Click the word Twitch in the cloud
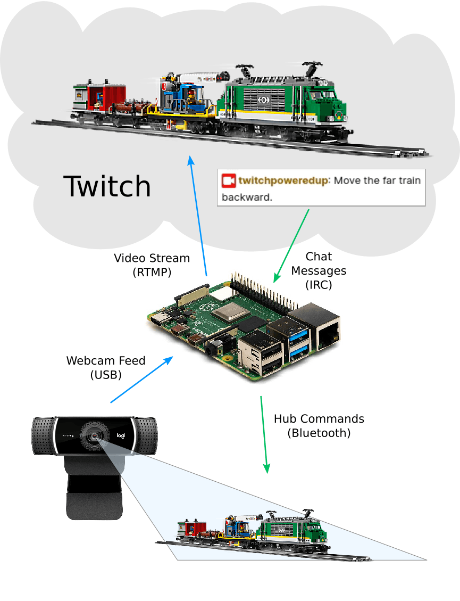(x=107, y=186)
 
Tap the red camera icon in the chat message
(x=229, y=180)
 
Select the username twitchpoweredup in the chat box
(x=284, y=180)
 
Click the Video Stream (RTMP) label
(x=152, y=265)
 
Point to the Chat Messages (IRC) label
(x=319, y=270)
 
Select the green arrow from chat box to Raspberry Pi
(x=291, y=245)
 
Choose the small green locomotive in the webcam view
(x=291, y=530)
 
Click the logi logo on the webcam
(x=121, y=436)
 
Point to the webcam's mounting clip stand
(x=94, y=490)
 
